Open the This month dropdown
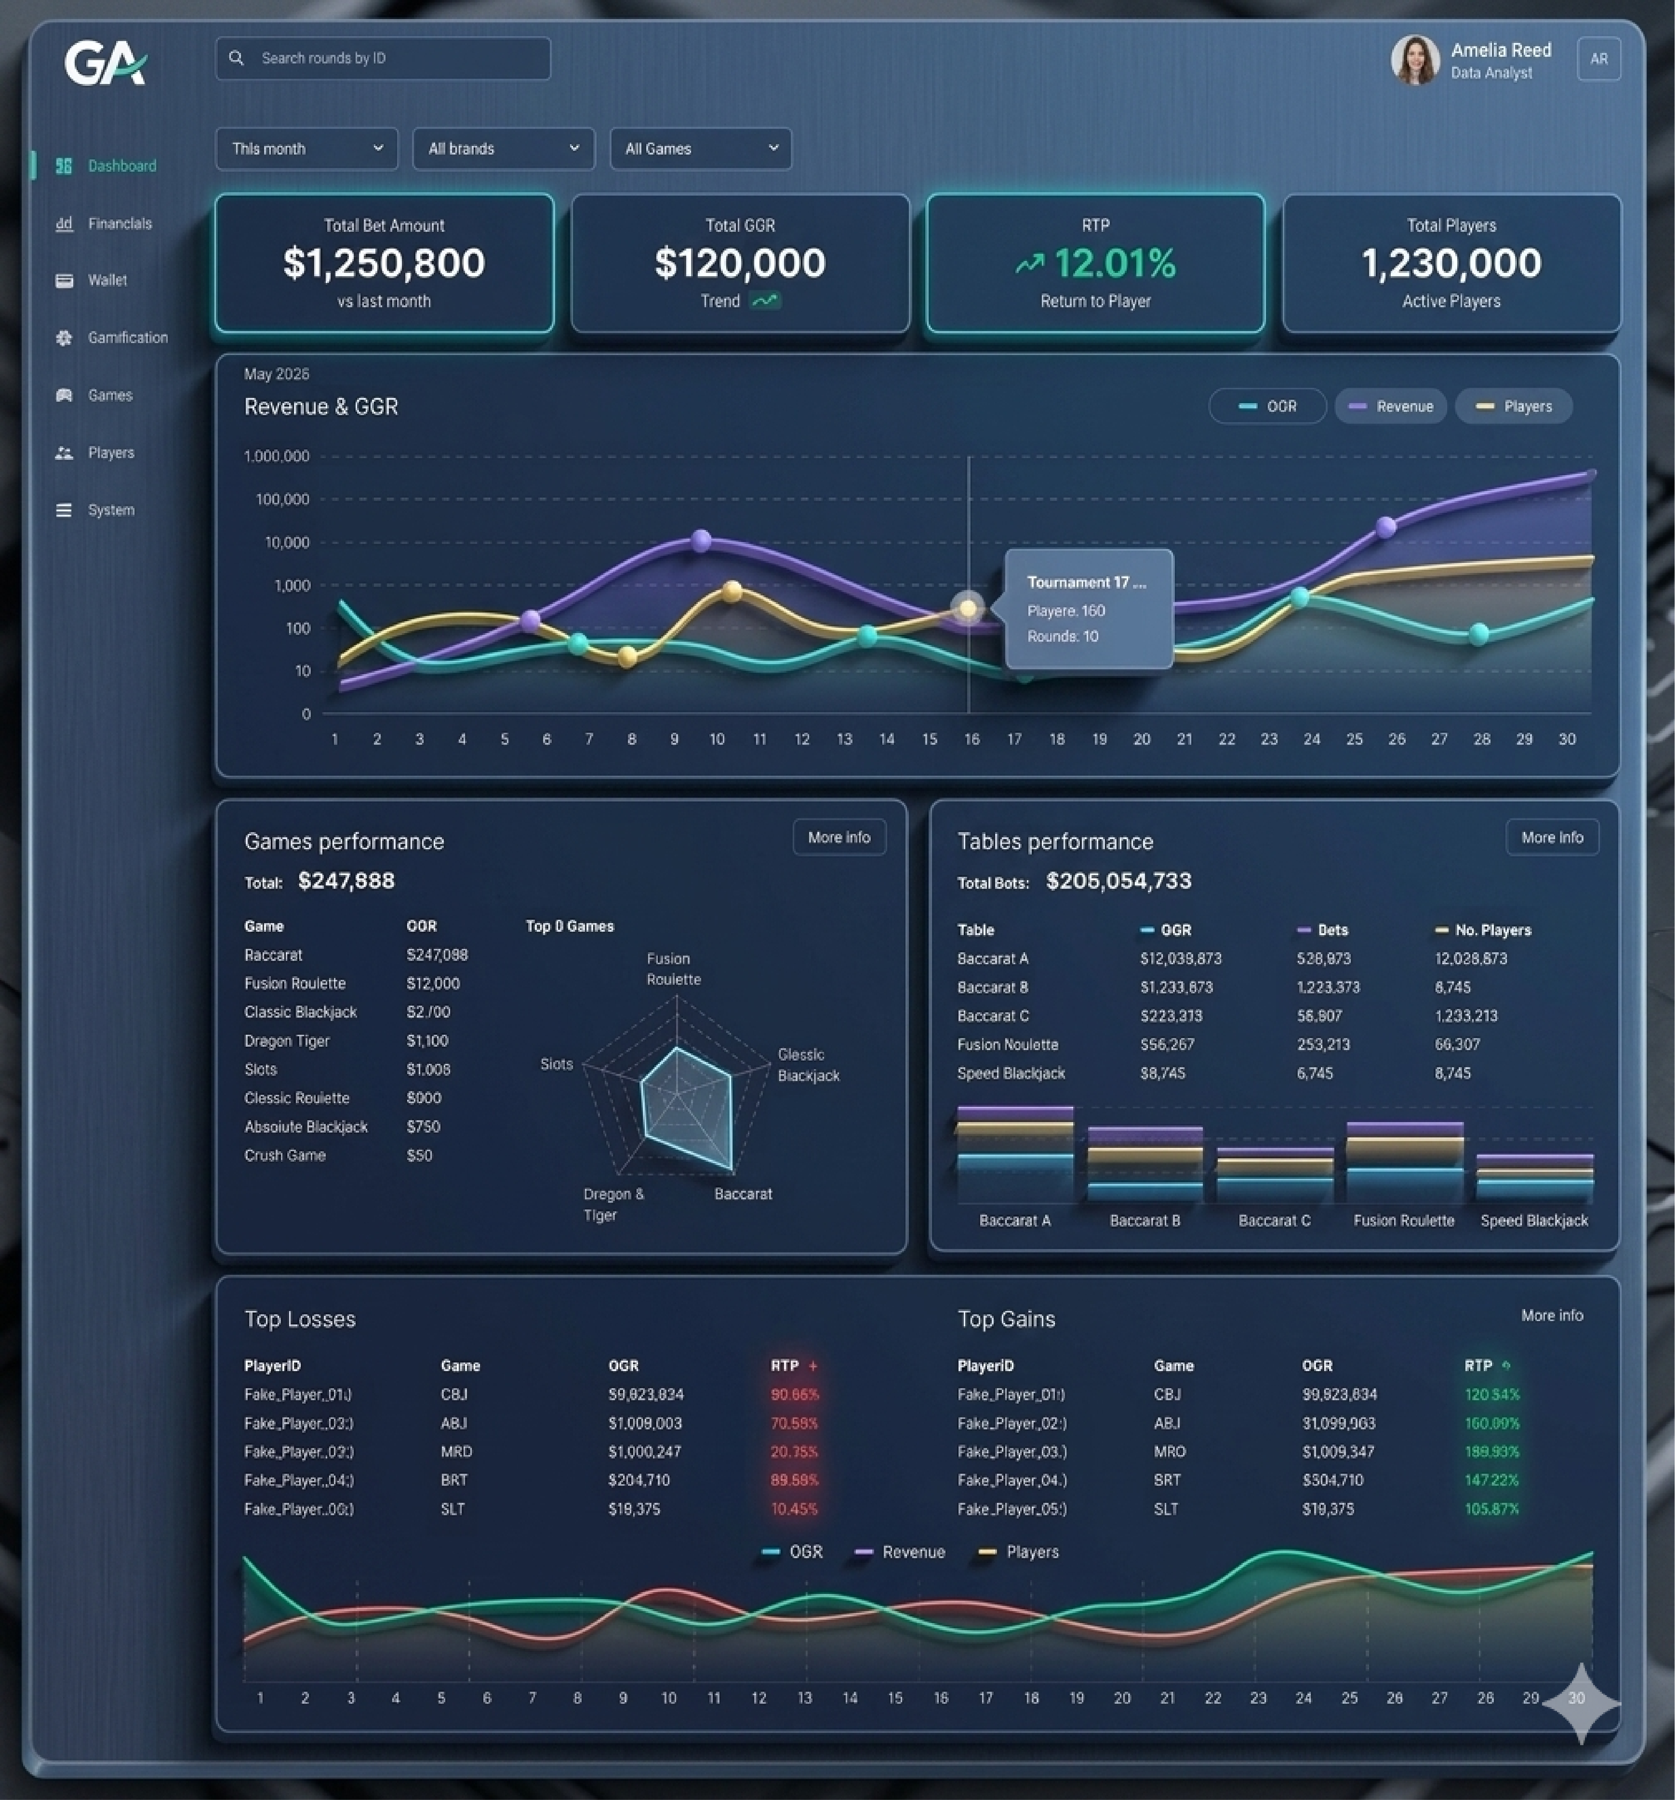pyautogui.click(x=306, y=149)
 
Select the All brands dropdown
pyautogui.click(x=503, y=149)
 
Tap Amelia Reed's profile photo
pyautogui.click(x=1415, y=60)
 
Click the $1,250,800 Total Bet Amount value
pyautogui.click(x=384, y=262)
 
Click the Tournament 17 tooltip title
pyautogui.click(x=1086, y=582)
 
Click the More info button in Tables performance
pyautogui.click(x=1552, y=838)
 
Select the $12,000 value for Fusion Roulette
pyautogui.click(x=433, y=983)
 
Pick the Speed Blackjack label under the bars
pyautogui.click(x=1534, y=1221)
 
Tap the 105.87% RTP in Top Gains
pyautogui.click(x=1491, y=1509)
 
